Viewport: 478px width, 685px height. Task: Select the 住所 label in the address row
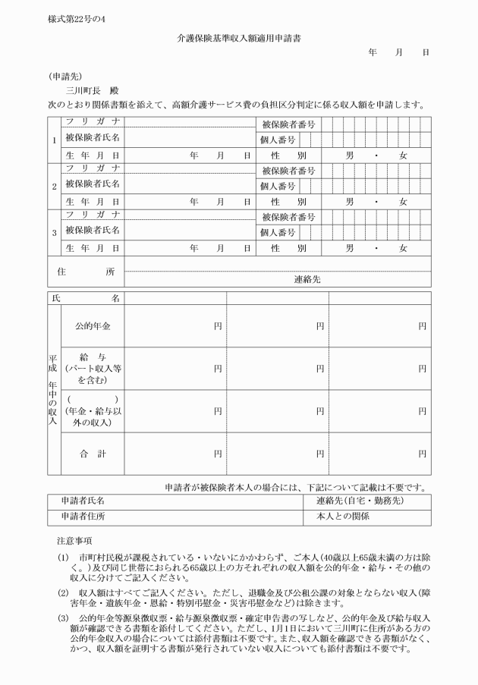(86, 271)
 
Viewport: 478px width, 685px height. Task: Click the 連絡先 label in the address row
(307, 279)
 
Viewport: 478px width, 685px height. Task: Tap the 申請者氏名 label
(83, 501)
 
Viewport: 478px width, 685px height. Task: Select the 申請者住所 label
(83, 517)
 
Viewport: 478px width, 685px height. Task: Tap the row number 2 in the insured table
(54, 186)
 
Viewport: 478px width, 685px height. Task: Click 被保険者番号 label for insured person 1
(288, 124)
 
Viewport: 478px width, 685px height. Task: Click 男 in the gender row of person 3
(349, 248)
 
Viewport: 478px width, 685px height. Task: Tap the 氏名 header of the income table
(86, 299)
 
